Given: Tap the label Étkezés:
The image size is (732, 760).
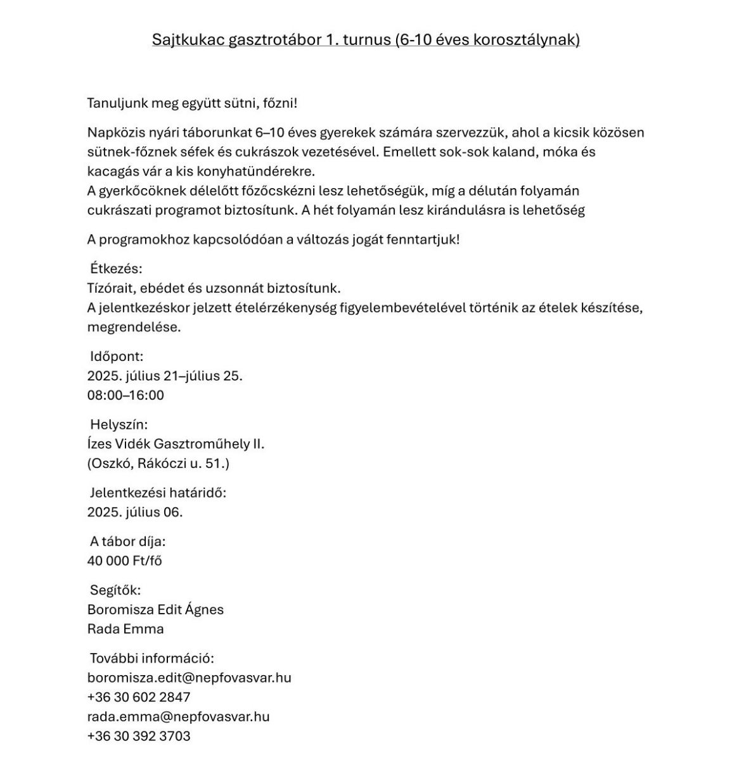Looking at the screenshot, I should (x=116, y=269).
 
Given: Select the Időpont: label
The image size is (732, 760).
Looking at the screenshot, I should (x=117, y=357).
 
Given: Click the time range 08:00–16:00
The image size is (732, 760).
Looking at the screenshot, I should (x=125, y=395).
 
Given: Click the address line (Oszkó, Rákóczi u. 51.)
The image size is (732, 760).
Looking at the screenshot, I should (x=158, y=464).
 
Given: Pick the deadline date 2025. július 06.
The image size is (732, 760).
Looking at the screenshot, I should (x=135, y=512).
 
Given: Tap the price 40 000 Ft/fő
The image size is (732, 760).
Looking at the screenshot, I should (x=125, y=561).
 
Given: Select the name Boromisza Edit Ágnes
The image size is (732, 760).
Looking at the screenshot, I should (x=155, y=610).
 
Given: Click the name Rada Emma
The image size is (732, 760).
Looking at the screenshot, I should (x=125, y=630).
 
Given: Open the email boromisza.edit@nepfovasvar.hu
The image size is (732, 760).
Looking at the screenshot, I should (x=189, y=678).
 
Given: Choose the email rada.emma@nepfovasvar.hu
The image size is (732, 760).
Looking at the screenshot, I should (x=179, y=717).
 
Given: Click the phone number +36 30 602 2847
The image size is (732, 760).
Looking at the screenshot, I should (x=139, y=697).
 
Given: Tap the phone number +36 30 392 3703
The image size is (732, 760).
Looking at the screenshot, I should (x=139, y=737).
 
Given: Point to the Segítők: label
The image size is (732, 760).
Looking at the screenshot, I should (x=115, y=590).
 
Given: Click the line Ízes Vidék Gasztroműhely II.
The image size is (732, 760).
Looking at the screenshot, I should (x=176, y=444).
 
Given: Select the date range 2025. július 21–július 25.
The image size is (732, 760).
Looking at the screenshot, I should (x=165, y=376).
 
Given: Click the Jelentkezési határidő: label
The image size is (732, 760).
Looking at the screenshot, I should (x=158, y=493).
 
